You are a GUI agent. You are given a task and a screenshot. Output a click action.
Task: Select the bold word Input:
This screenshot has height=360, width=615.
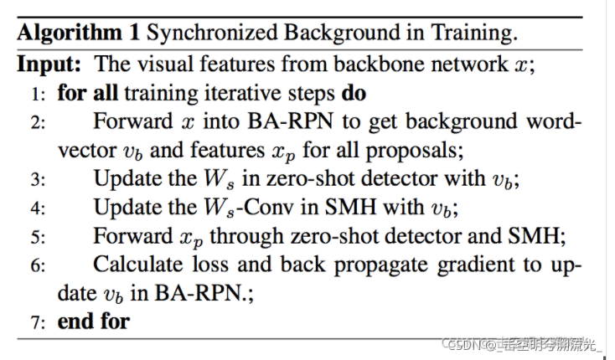pyautogui.click(x=50, y=64)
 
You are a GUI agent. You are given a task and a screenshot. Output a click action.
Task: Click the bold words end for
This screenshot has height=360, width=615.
pyautogui.click(x=94, y=321)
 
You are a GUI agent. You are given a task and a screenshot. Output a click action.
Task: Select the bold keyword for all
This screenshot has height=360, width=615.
pyautogui.click(x=87, y=92)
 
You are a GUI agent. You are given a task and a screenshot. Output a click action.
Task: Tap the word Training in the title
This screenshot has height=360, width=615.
pyautogui.click(x=473, y=33)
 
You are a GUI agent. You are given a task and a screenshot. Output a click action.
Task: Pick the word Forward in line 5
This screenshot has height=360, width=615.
pyautogui.click(x=128, y=236)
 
